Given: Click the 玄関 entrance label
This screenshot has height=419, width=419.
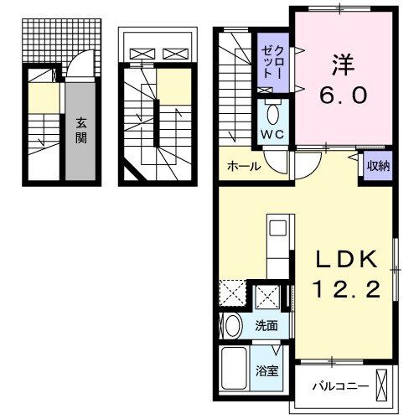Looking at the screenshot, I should click(x=81, y=131).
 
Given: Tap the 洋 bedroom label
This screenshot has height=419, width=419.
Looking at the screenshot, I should click(x=340, y=63).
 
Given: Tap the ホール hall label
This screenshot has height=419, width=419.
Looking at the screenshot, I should click(x=244, y=166).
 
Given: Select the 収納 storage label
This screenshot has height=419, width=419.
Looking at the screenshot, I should click(x=377, y=165).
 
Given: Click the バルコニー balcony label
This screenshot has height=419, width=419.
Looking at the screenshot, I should click(x=335, y=387).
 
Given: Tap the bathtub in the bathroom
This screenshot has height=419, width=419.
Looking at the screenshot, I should click(x=238, y=367).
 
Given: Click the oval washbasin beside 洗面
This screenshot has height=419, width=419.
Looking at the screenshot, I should click(x=233, y=325).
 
